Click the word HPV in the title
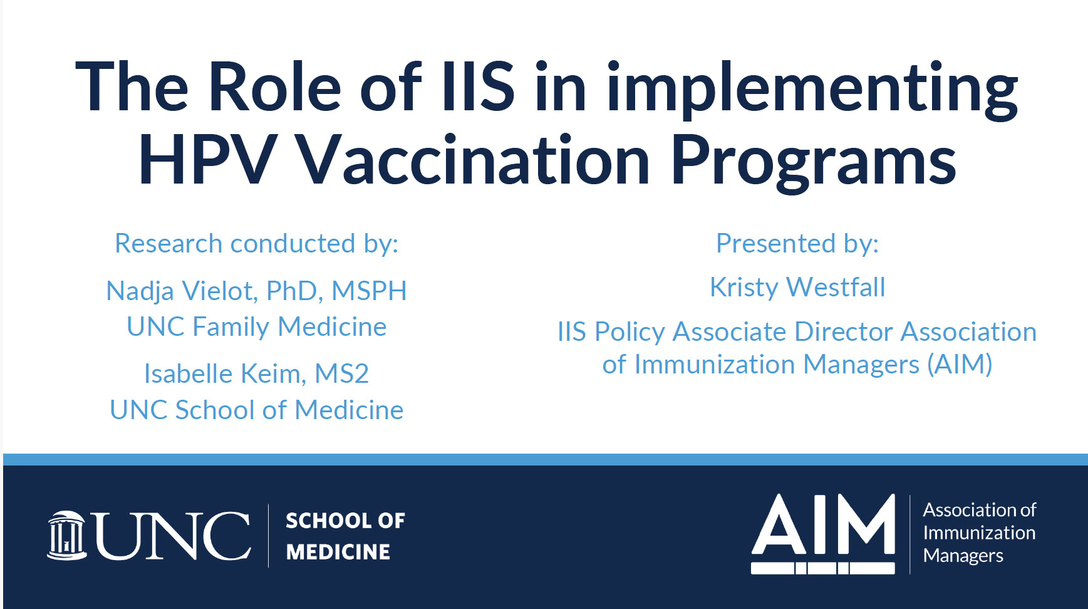point(207,160)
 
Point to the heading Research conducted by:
point(257,243)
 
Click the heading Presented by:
point(797,243)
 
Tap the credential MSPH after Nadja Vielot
point(370,291)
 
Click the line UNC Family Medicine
point(257,326)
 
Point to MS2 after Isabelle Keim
point(342,374)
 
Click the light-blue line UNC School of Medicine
point(257,410)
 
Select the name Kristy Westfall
point(797,288)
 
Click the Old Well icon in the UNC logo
point(66,536)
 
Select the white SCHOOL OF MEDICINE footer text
point(345,536)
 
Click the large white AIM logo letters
point(824,534)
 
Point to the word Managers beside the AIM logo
point(963,556)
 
